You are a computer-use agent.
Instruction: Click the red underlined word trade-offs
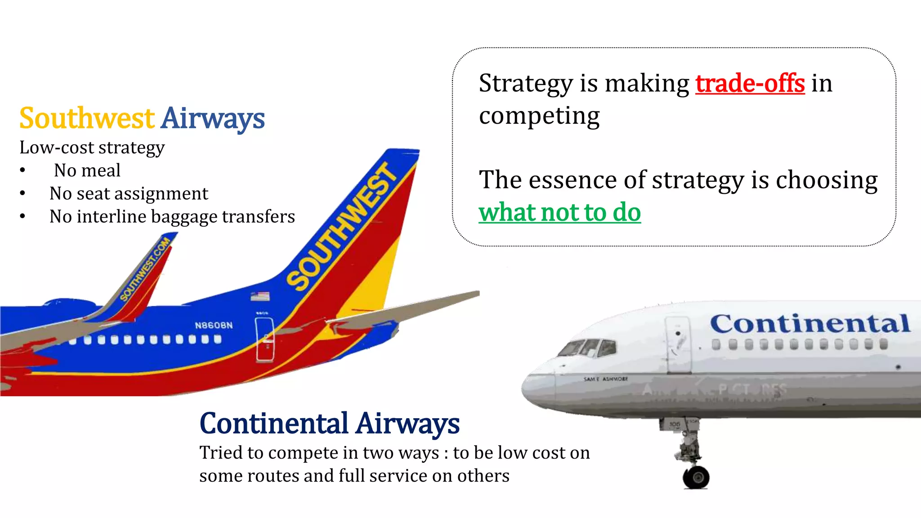coord(750,84)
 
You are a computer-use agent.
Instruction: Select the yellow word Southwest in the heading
coord(87,118)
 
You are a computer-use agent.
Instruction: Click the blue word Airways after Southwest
coord(213,118)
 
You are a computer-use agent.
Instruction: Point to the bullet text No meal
coord(87,170)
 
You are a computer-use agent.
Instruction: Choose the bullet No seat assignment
coord(129,194)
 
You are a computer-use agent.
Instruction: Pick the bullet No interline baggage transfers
coord(172,217)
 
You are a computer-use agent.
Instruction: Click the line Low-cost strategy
coord(92,147)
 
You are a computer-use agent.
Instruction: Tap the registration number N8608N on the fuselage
coord(214,325)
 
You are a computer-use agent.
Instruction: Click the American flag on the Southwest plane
coord(260,296)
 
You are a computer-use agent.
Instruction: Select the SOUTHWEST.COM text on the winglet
coord(145,269)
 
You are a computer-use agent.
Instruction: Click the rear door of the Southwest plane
coord(264,339)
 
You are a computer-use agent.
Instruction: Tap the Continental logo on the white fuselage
coord(810,323)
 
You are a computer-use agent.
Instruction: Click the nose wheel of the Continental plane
coord(696,477)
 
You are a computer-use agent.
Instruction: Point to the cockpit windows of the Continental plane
coord(589,348)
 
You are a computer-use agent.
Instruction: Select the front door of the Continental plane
coord(678,344)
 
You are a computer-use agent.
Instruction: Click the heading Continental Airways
coord(329,424)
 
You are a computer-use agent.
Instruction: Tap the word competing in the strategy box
coord(539,116)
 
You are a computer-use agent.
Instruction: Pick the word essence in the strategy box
coord(568,180)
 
